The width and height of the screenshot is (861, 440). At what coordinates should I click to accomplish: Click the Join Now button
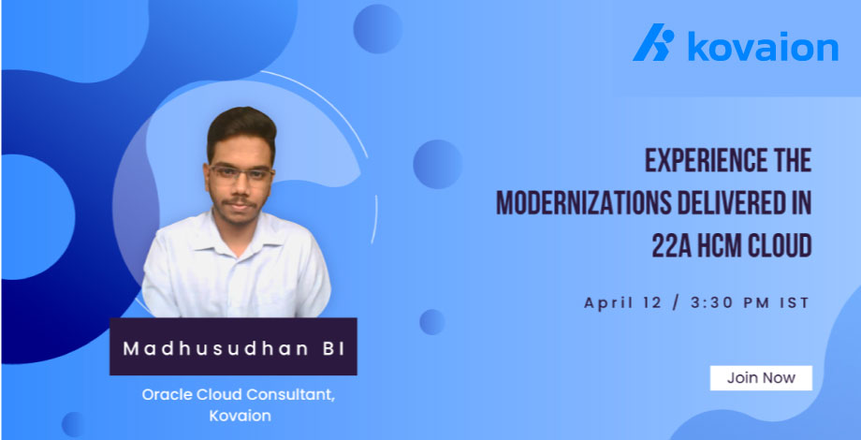point(760,378)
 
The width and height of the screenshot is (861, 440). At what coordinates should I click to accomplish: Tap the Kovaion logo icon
point(653,45)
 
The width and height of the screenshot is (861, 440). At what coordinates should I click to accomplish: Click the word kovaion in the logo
point(763,45)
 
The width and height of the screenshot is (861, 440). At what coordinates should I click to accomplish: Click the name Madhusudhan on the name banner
point(219,347)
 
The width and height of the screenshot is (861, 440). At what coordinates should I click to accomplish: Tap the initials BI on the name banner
point(333,347)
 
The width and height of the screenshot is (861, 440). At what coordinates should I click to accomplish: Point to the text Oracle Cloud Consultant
point(238,394)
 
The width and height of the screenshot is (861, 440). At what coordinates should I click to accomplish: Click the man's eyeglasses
point(241,173)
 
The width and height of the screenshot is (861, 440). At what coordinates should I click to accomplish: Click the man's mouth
point(240,203)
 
